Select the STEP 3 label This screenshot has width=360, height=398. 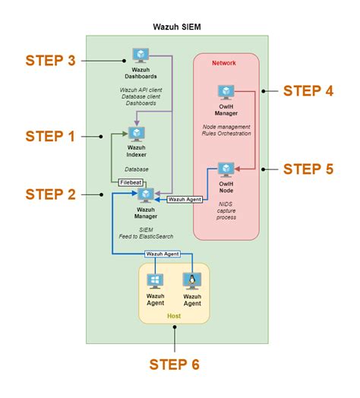tap(52, 61)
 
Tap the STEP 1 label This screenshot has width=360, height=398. tap(52, 136)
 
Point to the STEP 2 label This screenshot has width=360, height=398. tap(52, 194)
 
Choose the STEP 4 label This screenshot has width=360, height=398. tap(308, 90)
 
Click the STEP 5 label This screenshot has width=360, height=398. tap(308, 168)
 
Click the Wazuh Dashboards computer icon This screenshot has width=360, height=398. tap(141, 55)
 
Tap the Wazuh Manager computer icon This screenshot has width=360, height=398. tap(146, 195)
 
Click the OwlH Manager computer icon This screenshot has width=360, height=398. tap(226, 92)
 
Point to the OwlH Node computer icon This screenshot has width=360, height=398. tap(226, 169)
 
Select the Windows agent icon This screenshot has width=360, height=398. tap(156, 281)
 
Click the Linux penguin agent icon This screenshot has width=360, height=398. tap(192, 281)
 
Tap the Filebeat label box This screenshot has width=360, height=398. tap(131, 182)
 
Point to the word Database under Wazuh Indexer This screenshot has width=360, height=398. tap(137, 169)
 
